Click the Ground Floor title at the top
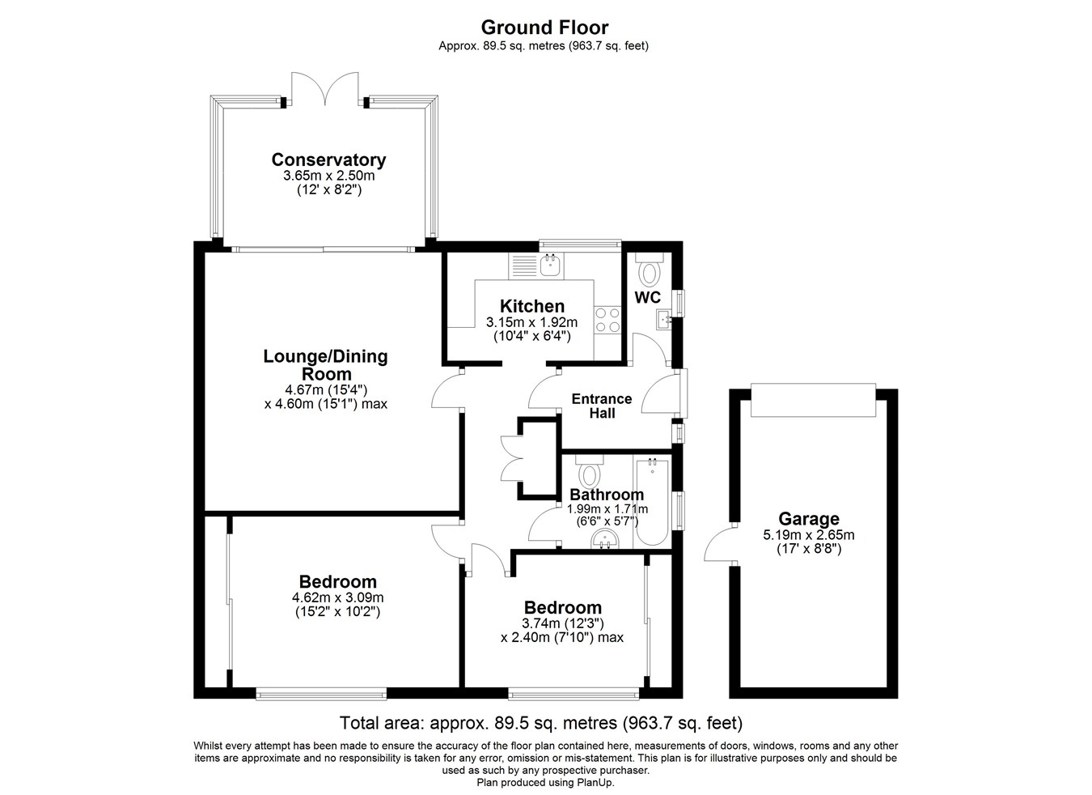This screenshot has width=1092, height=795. coord(544,28)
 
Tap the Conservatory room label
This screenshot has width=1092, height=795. coord(328,159)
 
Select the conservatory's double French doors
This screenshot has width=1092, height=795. coord(325,88)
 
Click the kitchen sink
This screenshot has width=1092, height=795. coord(551,264)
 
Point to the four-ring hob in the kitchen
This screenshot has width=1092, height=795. coord(607,320)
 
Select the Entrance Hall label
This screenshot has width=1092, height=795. coord(601,406)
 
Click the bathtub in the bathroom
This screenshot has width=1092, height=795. coord(651,502)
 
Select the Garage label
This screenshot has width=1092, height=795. coord(808,519)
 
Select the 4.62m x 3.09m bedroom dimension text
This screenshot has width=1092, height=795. coord(337,598)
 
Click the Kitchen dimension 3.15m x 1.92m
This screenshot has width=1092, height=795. coord(531,322)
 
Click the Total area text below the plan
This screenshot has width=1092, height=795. coord(540,723)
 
